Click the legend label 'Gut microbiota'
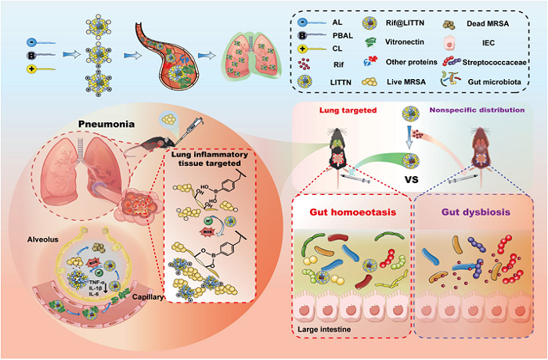(501, 80)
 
